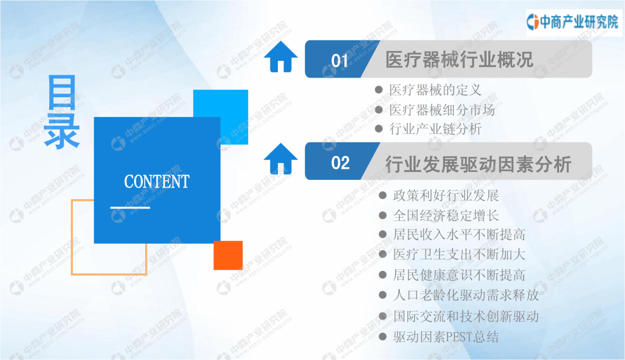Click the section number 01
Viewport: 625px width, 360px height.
click(340, 61)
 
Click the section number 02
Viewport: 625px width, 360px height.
click(340, 163)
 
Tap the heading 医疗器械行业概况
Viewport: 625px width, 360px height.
click(459, 60)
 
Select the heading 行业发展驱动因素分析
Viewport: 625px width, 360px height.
click(479, 164)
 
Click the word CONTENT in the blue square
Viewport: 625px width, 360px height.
click(157, 181)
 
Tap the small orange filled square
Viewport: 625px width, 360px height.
click(228, 255)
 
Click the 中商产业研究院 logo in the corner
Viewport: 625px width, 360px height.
click(572, 22)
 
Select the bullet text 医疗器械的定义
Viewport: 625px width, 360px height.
click(435, 90)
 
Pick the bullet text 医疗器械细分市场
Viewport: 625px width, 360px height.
click(442, 109)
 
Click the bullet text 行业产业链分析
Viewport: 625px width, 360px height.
click(435, 128)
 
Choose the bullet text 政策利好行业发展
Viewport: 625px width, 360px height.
click(446, 196)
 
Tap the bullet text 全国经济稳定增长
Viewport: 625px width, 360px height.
click(446, 216)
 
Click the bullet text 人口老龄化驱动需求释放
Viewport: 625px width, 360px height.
click(466, 295)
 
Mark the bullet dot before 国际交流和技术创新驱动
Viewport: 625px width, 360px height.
click(383, 316)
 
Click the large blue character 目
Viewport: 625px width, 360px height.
click(62, 92)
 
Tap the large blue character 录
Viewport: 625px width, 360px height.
click(62, 131)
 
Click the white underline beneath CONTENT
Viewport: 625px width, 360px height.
click(130, 208)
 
